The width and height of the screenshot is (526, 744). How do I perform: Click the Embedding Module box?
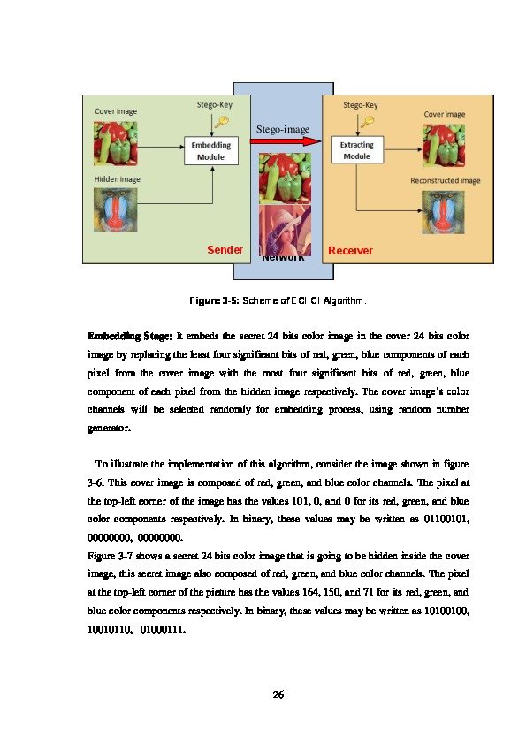coord(210,150)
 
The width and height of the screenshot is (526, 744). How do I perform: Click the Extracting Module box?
coord(356,150)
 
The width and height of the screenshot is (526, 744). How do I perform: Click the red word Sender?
coord(225,250)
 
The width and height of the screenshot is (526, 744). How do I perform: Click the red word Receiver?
coord(350,251)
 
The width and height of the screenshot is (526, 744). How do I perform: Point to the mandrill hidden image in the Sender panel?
coord(117,210)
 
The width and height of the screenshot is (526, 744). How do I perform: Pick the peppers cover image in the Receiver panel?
coord(444,144)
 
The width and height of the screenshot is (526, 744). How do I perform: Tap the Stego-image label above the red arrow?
coord(283,130)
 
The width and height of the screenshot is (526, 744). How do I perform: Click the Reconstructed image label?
coord(445,181)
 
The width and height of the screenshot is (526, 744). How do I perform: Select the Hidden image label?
coord(117,179)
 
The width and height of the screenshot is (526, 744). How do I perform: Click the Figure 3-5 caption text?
coord(278,301)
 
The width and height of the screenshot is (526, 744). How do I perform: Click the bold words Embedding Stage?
coord(129,337)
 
